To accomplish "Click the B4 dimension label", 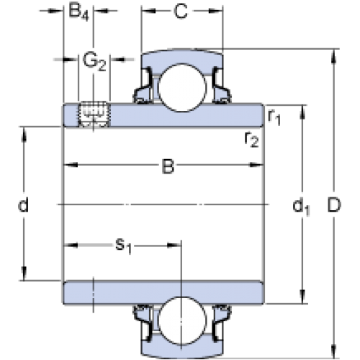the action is click(78, 12).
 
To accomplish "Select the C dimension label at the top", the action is click(181, 12).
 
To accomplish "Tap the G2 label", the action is click(94, 62).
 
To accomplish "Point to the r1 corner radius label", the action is click(274, 117).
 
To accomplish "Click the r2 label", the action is click(251, 140).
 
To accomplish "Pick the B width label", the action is click(168, 166).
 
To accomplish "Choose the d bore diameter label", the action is click(24, 204).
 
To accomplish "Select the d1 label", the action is click(301, 207).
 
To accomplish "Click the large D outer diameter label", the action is click(334, 205).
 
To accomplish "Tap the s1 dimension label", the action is click(124, 246).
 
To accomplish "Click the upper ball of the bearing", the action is click(182, 88).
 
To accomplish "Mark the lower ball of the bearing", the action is click(182, 320).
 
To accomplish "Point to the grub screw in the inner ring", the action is click(94, 114).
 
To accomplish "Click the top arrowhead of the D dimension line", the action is click(334, 57).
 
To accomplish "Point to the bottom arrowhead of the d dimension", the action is click(24, 273).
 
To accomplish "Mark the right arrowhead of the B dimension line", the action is click(256, 165).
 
